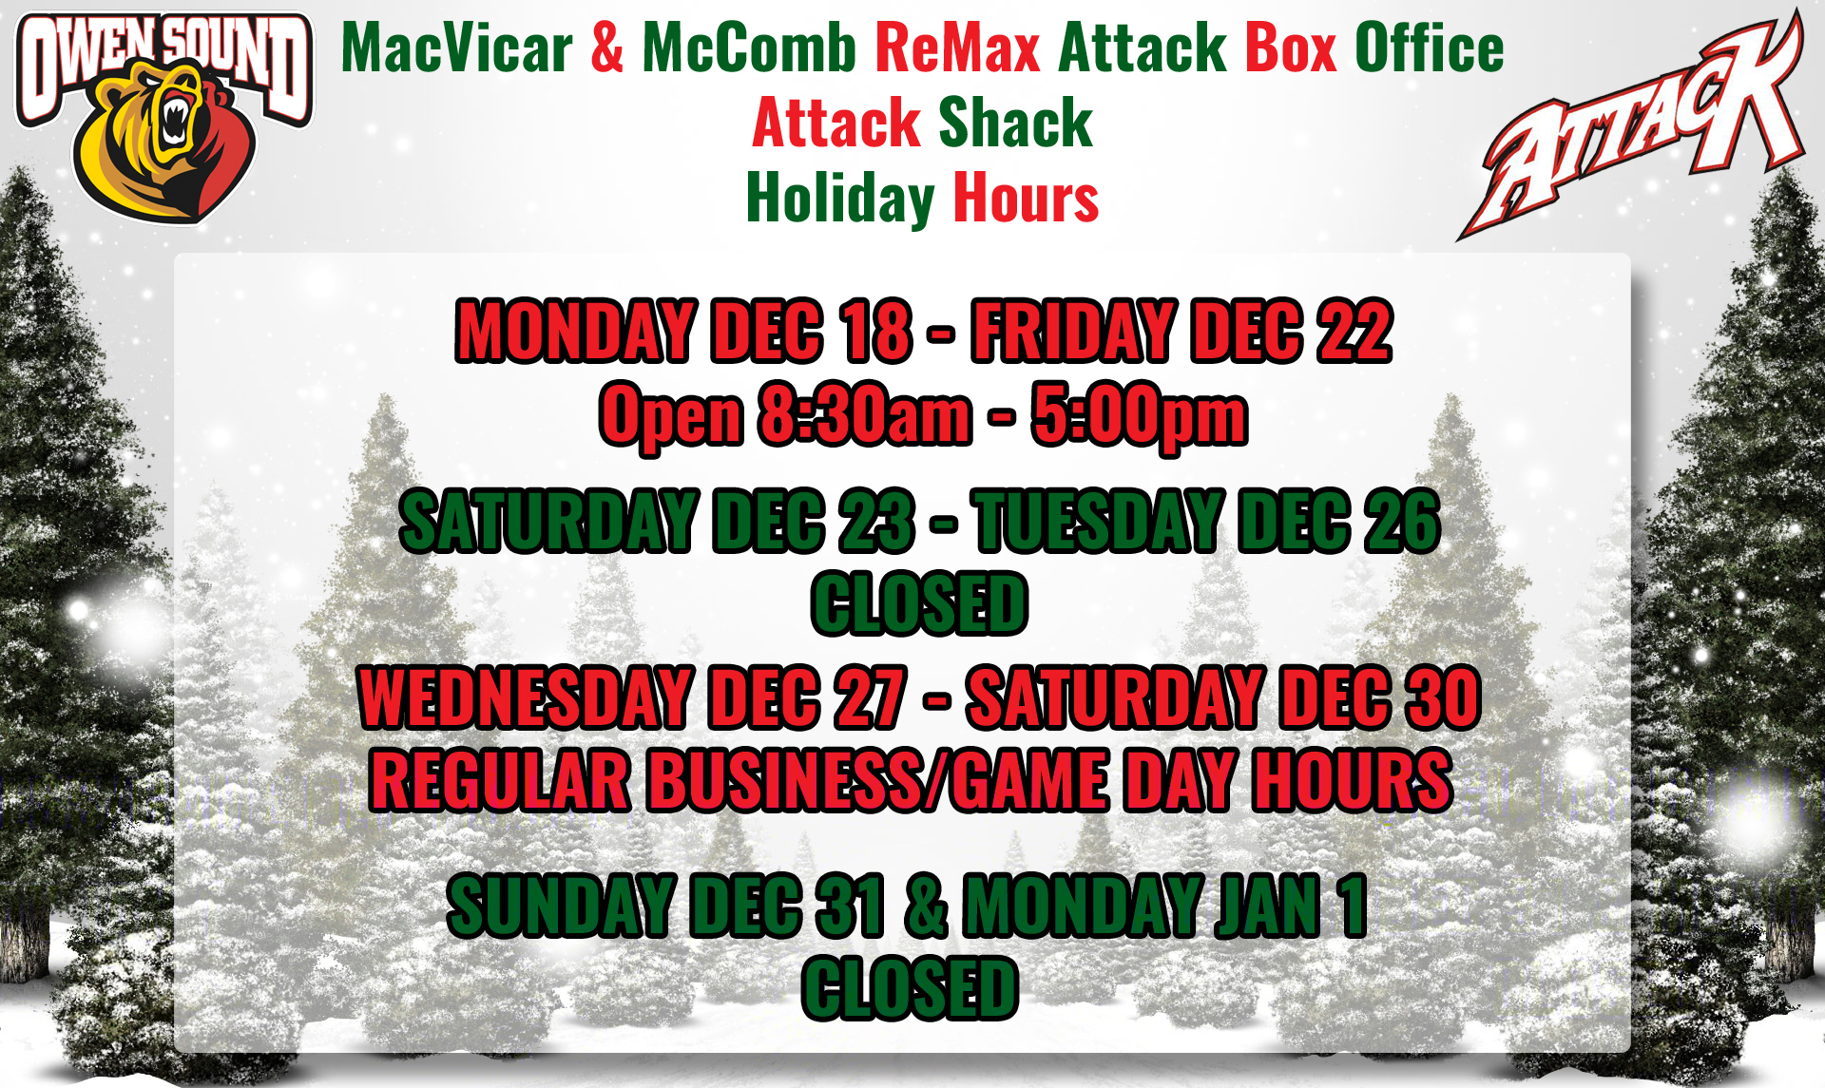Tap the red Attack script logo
[x=1631, y=125]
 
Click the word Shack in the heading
[x=1015, y=123]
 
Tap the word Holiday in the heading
[x=840, y=199]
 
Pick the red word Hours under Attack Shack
[x=1026, y=198]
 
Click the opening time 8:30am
[x=866, y=414]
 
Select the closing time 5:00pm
[x=1140, y=415]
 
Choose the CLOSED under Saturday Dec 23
[x=919, y=603]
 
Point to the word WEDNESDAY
[x=526, y=697]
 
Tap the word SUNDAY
[x=561, y=906]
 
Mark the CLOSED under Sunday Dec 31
[x=910, y=988]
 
